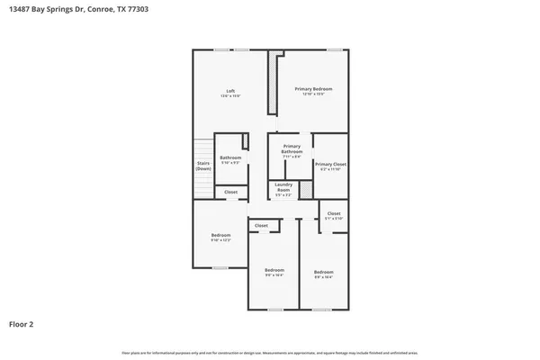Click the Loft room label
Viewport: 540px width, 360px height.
230,91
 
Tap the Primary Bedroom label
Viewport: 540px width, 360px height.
314,89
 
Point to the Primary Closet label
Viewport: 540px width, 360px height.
330,164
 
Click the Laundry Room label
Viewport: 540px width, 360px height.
283,188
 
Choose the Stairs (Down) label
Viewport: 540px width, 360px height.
203,166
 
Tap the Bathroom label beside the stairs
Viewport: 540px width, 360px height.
230,157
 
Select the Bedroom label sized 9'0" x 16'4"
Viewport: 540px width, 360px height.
274,272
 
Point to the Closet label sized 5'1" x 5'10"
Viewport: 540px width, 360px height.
334,214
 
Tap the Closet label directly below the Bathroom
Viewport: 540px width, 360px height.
230,192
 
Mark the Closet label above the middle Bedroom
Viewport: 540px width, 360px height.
261,225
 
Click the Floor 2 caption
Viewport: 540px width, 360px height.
22,323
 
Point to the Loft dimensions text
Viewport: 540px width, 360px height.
230,95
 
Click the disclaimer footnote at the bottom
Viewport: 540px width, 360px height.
270,354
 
